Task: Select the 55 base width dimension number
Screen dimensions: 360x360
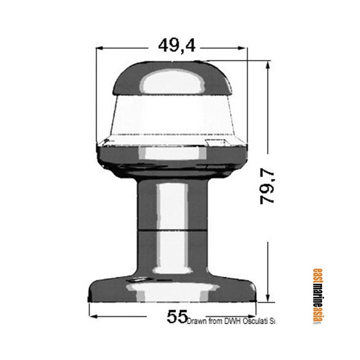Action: point(176,316)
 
